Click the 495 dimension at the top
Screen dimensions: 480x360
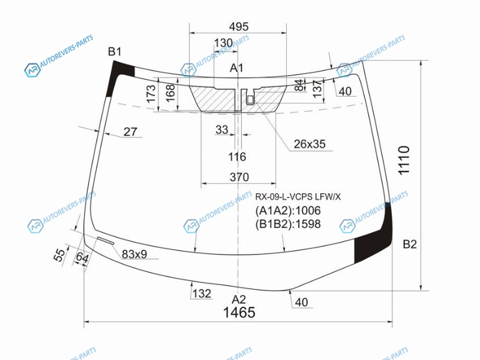pyautogui.click(x=238, y=26)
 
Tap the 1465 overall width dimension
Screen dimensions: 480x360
pyautogui.click(x=239, y=313)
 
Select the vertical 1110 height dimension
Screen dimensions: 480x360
pyautogui.click(x=403, y=160)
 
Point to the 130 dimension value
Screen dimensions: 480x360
pyautogui.click(x=223, y=43)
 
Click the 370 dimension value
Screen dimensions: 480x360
pyautogui.click(x=239, y=177)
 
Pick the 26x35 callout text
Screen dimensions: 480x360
pyautogui.click(x=310, y=144)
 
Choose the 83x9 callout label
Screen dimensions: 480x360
pyautogui.click(x=134, y=254)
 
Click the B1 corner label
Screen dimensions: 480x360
pyautogui.click(x=115, y=52)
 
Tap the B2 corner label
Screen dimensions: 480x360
pyautogui.click(x=410, y=244)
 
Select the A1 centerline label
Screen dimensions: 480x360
pyautogui.click(x=236, y=68)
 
